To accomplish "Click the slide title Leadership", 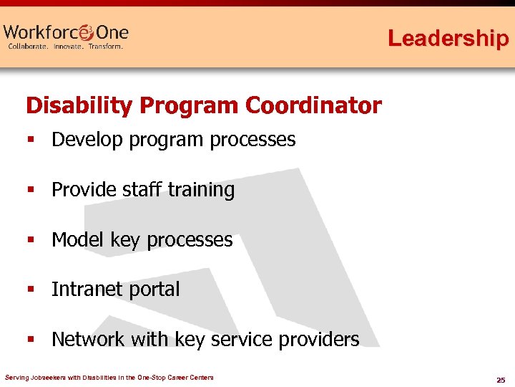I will pyautogui.click(x=448, y=37).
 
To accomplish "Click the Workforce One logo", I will pyautogui.click(x=66, y=33).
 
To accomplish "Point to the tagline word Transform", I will pyautogui.click(x=105, y=47).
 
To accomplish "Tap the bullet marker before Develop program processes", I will pyautogui.click(x=31, y=140).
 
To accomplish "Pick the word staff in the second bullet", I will pyautogui.click(x=142, y=190).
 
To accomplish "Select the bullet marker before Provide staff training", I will pyautogui.click(x=31, y=191).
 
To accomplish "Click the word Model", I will pyautogui.click(x=78, y=239).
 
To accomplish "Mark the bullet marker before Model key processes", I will pyautogui.click(x=31, y=240).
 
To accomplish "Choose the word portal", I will pyautogui.click(x=152, y=290).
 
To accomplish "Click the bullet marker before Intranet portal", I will pyautogui.click(x=31, y=290).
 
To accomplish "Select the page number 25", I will pyautogui.click(x=501, y=379).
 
